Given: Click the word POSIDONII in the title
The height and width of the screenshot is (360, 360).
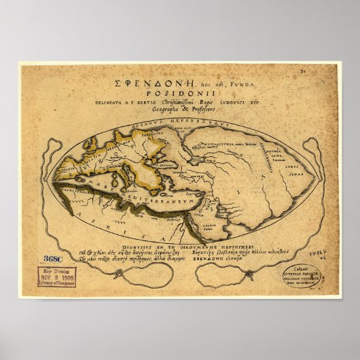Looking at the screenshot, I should (180, 94).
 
